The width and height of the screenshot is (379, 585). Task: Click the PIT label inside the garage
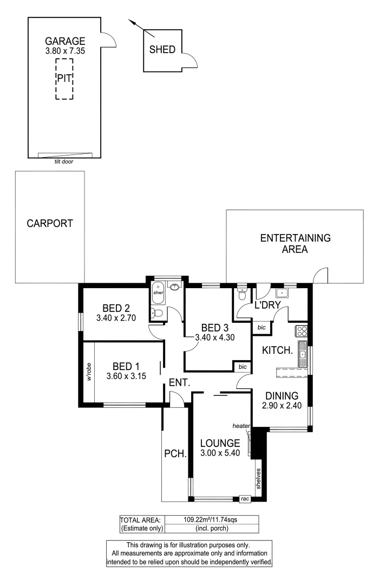coord(64,77)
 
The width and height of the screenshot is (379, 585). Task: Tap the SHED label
coord(162,50)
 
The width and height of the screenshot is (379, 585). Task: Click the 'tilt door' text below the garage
coord(64,161)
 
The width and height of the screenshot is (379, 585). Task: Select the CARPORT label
coord(50,224)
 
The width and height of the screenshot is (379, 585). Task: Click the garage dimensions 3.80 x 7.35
coord(65,50)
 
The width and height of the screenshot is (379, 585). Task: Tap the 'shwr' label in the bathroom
coord(158,292)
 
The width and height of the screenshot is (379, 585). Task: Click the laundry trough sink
coord(282,293)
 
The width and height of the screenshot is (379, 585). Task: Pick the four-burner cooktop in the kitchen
coord(301,331)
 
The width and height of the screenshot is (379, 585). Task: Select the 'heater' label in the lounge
coord(241,426)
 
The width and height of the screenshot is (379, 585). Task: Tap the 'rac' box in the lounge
coord(245,499)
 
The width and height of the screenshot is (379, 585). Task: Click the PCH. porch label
coord(175,454)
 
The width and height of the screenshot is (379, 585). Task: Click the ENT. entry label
coord(179,382)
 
